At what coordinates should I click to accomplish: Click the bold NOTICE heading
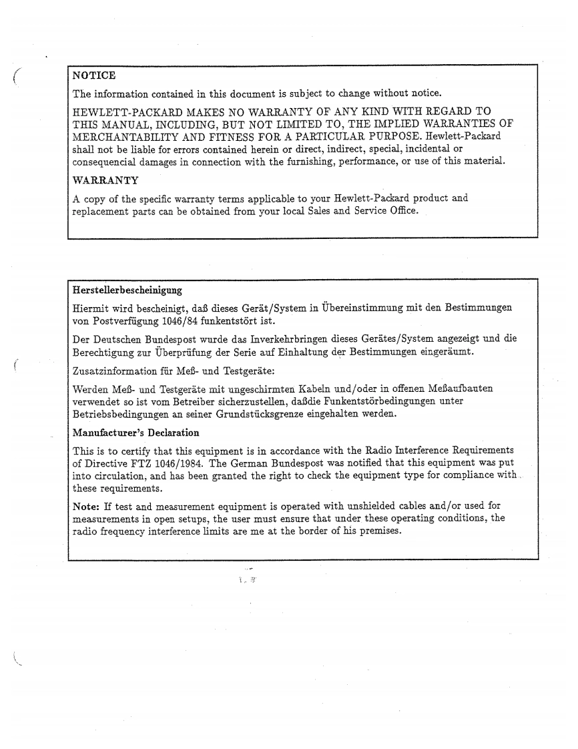click(x=94, y=75)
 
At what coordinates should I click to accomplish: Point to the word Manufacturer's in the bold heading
click(x=105, y=433)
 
